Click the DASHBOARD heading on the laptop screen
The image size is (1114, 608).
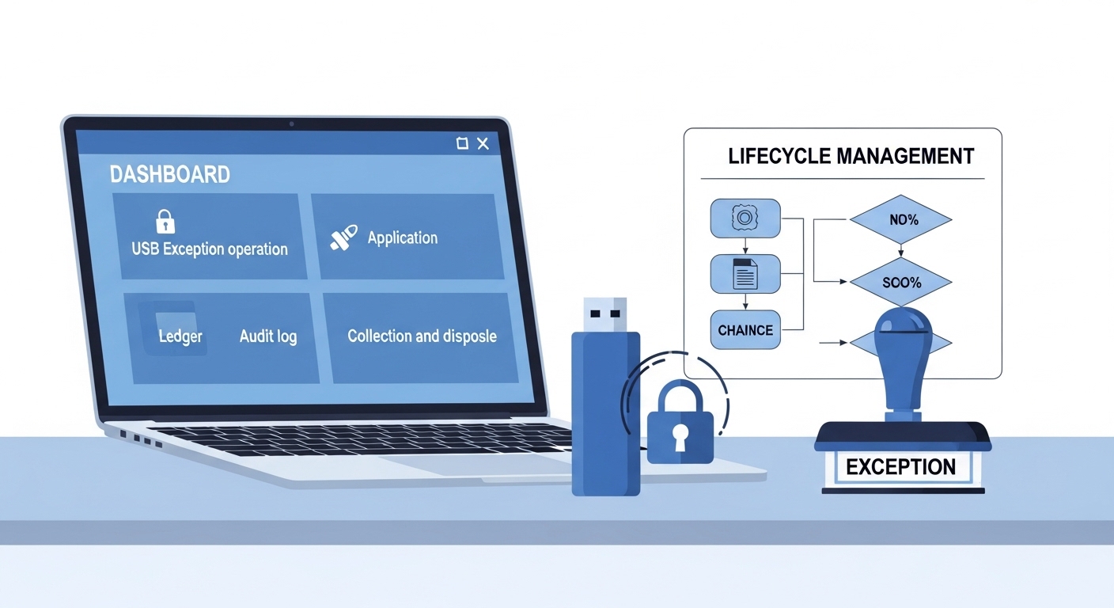click(170, 174)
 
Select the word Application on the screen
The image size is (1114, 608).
click(402, 237)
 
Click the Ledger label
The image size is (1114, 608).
click(180, 336)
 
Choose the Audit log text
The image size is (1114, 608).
click(268, 336)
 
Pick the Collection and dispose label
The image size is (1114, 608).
click(422, 336)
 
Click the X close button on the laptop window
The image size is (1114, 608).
click(483, 143)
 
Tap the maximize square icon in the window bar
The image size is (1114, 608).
click(462, 143)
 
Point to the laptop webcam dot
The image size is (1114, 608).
click(292, 124)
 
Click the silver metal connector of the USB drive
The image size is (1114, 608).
click(605, 314)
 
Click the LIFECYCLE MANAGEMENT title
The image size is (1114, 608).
click(851, 156)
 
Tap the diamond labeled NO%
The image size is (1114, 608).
click(902, 219)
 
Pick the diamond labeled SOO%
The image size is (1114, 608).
click(901, 282)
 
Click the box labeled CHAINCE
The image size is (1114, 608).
click(745, 330)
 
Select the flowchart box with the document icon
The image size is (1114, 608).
click(745, 274)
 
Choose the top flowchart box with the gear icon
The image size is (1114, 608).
click(745, 218)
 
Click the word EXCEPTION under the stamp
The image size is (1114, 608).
click(900, 466)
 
